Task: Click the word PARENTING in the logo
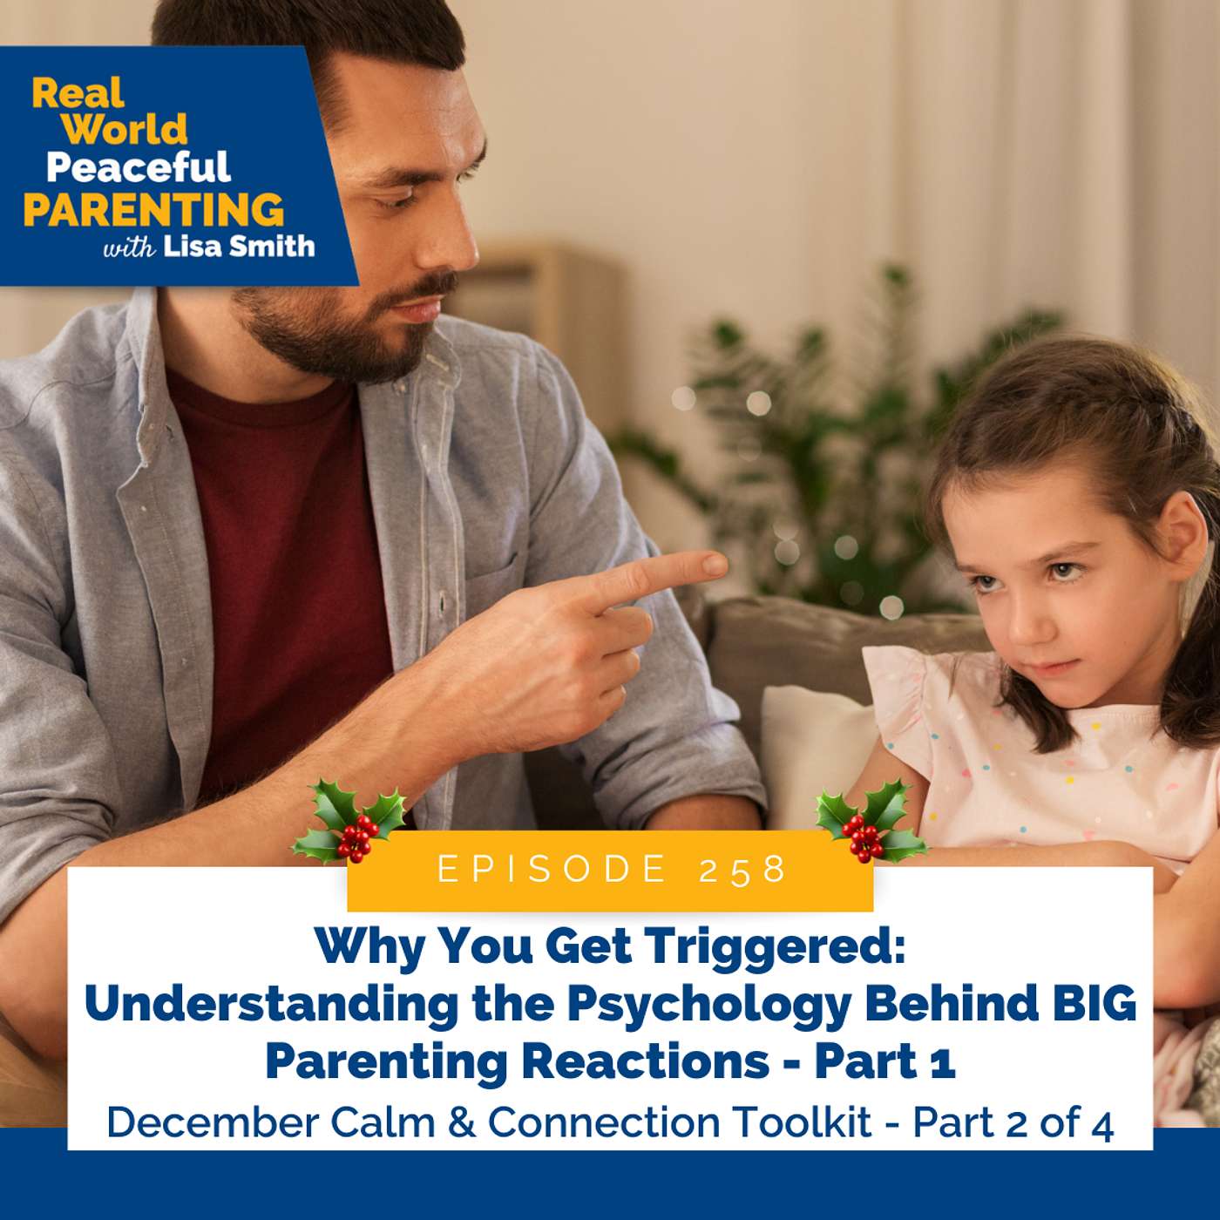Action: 153,209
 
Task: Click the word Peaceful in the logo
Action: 138,166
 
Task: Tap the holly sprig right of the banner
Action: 870,821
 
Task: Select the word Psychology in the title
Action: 708,1005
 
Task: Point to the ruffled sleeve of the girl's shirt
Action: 898,697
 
